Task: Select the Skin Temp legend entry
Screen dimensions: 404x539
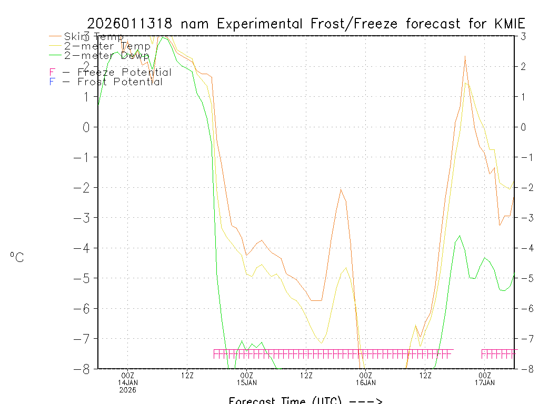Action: (x=94, y=36)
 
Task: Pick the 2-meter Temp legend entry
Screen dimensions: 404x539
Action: (x=107, y=46)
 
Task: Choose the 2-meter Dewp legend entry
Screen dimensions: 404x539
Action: (x=106, y=55)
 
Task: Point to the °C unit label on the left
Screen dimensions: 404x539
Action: (x=17, y=257)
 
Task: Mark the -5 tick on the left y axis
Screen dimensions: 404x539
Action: (x=84, y=278)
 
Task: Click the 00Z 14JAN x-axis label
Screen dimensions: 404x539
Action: (x=128, y=375)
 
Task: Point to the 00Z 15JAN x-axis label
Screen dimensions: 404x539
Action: (x=247, y=375)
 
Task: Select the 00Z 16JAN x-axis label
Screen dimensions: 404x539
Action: (x=366, y=375)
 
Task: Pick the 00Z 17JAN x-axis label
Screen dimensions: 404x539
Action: (x=485, y=375)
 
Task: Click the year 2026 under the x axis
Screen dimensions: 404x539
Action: (x=128, y=390)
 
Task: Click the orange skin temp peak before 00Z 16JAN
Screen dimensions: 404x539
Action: (x=341, y=189)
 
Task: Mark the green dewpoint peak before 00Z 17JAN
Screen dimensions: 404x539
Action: (x=460, y=236)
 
